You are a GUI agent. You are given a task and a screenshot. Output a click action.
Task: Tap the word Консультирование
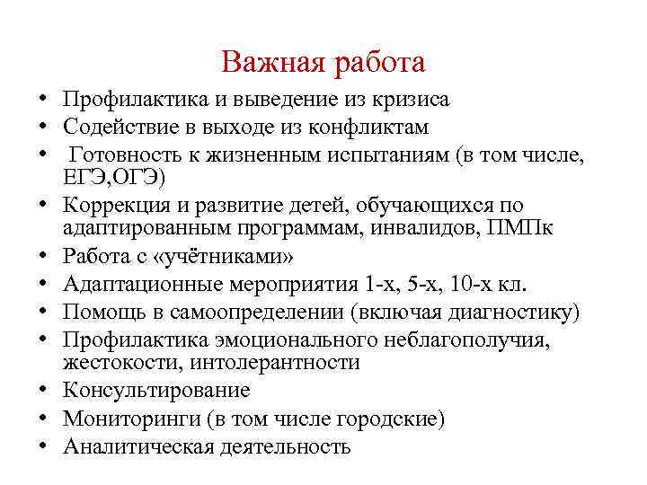click(157, 391)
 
